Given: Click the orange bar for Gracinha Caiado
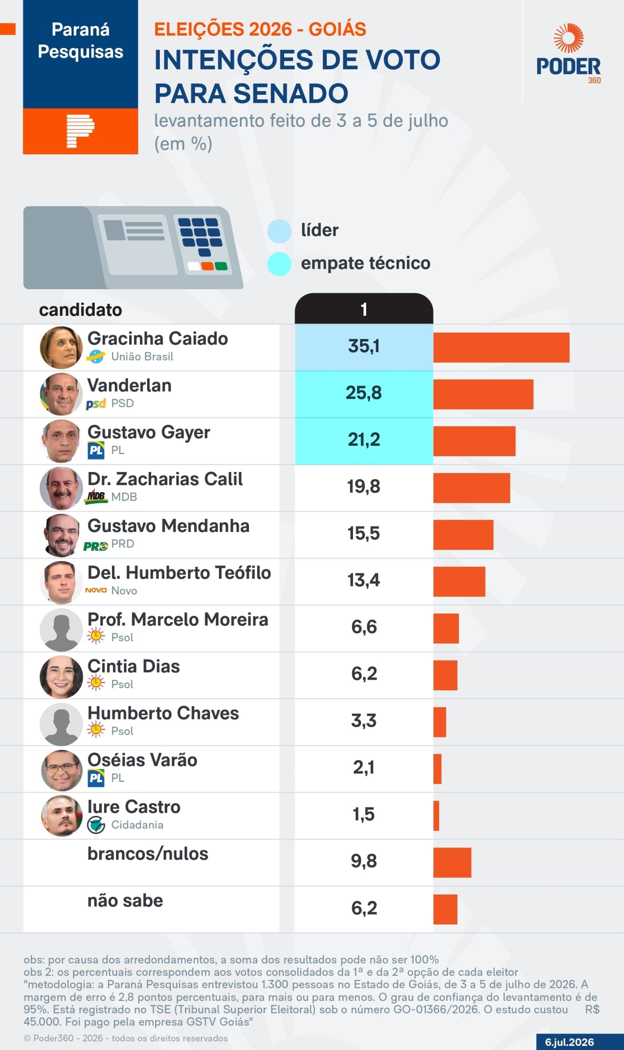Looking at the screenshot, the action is pyautogui.click(x=501, y=347).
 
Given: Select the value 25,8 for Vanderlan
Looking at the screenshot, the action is pyautogui.click(x=364, y=393).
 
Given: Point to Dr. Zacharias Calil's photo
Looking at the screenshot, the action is pyautogui.click(x=61, y=488).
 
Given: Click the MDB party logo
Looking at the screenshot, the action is pyautogui.click(x=96, y=497).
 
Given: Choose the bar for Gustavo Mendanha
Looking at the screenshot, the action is pyautogui.click(x=463, y=535).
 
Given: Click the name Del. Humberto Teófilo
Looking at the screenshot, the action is pyautogui.click(x=179, y=573).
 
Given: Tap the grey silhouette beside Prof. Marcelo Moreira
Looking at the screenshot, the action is pyautogui.click(x=61, y=630).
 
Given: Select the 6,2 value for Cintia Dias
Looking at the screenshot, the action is pyautogui.click(x=364, y=674).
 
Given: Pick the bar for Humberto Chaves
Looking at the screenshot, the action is pyautogui.click(x=440, y=722).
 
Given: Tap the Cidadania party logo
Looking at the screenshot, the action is pyautogui.click(x=96, y=825).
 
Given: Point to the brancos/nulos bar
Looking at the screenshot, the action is pyautogui.click(x=453, y=863).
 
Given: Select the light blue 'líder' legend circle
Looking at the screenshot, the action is pyautogui.click(x=279, y=231).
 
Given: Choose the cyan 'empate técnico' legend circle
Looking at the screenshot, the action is pyautogui.click(x=279, y=264).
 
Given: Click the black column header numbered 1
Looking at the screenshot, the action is pyautogui.click(x=364, y=309).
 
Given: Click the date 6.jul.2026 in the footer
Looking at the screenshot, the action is pyautogui.click(x=569, y=1042).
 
